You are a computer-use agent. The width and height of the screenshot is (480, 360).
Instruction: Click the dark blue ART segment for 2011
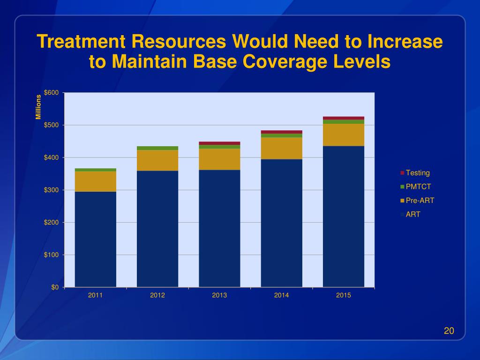pos(95,239)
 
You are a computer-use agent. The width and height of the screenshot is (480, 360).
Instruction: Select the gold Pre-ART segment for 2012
pos(157,160)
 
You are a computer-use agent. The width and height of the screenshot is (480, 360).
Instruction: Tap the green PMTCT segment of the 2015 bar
pos(344,122)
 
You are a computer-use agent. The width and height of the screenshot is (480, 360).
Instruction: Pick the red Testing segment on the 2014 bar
pos(281,132)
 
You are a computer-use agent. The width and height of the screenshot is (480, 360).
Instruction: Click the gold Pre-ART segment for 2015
pos(344,135)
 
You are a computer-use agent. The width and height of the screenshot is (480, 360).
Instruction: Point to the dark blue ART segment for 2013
pos(219,228)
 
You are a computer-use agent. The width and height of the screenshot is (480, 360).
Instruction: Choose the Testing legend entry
pos(417,173)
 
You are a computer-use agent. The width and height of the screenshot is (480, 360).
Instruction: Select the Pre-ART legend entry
pos(420,201)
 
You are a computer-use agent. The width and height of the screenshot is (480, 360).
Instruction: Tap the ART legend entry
pos(413,215)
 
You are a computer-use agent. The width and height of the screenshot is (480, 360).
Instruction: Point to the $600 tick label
pos(51,93)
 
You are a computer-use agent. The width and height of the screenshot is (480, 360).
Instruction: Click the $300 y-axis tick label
pos(51,190)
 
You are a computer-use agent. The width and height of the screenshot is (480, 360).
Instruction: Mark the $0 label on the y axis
pos(55,287)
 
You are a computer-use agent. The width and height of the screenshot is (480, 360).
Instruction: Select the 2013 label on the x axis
pos(219,295)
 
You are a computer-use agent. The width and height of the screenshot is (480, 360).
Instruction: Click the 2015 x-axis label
pos(344,295)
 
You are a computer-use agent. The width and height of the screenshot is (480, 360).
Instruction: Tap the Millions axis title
pos(39,107)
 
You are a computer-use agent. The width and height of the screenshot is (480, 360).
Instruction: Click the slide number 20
pos(449,331)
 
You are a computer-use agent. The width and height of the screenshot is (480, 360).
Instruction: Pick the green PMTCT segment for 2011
pos(95,170)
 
